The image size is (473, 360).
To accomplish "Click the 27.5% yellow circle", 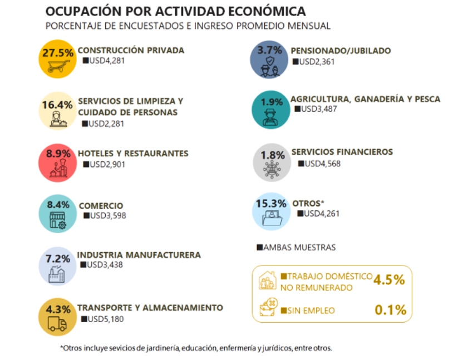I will coord(57,59).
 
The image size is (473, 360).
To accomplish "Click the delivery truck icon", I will coord(57,324).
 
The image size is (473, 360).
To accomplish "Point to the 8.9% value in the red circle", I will coord(57,154).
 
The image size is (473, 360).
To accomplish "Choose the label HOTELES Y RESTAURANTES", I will coord(133,154).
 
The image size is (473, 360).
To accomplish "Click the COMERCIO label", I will coord(101,205).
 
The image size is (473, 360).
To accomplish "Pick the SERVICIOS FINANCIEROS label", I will coord(342,152).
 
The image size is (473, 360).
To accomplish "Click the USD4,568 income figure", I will coord(319,164).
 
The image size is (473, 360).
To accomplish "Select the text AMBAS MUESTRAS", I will coord(296,247).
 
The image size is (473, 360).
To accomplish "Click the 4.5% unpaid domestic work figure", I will coord(390,280).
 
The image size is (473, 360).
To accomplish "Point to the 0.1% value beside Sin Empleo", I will coord(390,310).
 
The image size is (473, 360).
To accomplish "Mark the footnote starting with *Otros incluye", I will coord(196,348).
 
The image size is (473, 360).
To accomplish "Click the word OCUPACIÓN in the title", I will coord(83,11).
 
